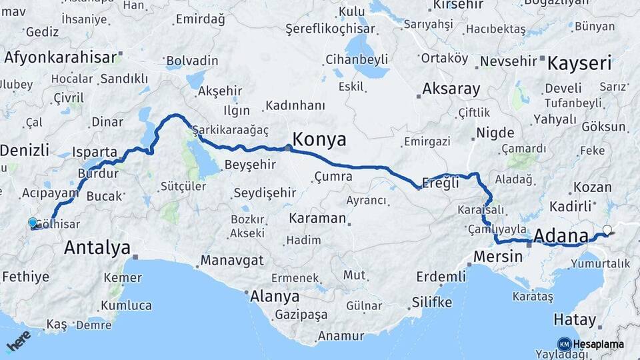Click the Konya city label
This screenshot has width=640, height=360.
319,140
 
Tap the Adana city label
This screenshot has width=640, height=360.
562,235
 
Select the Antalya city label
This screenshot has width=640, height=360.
97,249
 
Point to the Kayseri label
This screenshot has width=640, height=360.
579,64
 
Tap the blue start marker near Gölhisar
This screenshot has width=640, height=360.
33,223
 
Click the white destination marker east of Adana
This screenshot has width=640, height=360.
607,231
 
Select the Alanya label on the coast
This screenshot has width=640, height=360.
274,296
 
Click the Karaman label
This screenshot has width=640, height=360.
317,218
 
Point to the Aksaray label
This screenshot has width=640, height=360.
451,89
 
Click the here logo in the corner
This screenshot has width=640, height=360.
19,341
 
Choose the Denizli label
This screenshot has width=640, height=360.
25,150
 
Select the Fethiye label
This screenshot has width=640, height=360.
25,276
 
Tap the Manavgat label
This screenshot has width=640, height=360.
233,260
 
